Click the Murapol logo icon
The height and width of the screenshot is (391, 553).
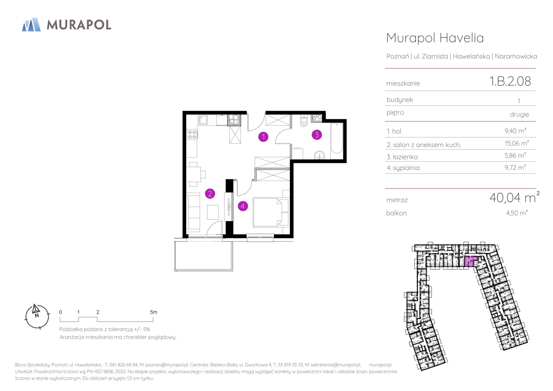pos(31,24)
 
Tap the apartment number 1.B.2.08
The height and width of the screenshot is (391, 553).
pos(510,81)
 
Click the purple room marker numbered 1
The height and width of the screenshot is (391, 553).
pos(263,137)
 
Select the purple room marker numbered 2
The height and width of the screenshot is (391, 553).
pos(210,194)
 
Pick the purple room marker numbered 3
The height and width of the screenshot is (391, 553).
pos(317,135)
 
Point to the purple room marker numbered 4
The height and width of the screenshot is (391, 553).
pos(243,206)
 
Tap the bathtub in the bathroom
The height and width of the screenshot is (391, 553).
pos(337,138)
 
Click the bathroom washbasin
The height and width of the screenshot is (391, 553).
pos(320,155)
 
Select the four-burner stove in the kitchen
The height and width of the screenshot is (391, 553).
pos(192,134)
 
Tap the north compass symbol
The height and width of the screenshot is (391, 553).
pos(37,317)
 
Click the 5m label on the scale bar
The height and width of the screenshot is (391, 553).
pos(154,312)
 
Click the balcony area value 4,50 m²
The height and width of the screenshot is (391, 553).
pos(517,213)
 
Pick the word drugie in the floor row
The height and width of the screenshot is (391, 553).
pos(519,114)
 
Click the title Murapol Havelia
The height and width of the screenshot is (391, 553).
pos(435,38)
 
